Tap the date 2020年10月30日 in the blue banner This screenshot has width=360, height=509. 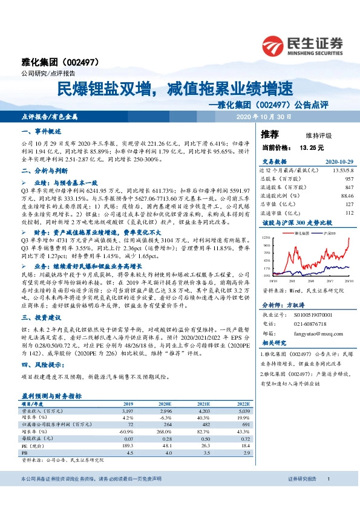point(263,116)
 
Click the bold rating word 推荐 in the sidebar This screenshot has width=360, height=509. point(269,134)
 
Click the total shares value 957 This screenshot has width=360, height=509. point(349,179)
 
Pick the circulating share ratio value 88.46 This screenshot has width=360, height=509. point(347,196)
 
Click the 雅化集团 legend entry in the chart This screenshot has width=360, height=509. point(301,232)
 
